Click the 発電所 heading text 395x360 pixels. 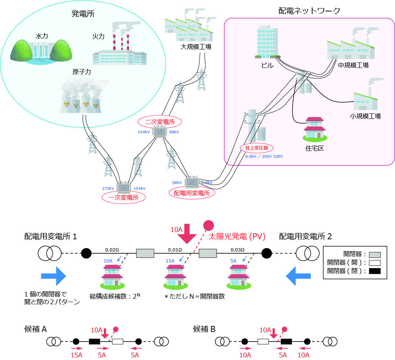(84, 14)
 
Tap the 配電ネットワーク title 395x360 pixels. (309, 10)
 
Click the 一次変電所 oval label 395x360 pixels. (123, 198)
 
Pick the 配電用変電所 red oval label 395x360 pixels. (191, 192)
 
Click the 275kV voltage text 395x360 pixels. (108, 188)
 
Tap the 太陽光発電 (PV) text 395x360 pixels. (238, 237)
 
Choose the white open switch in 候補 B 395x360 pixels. (263, 342)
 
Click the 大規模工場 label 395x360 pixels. (196, 47)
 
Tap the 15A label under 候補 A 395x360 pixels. (76, 355)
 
